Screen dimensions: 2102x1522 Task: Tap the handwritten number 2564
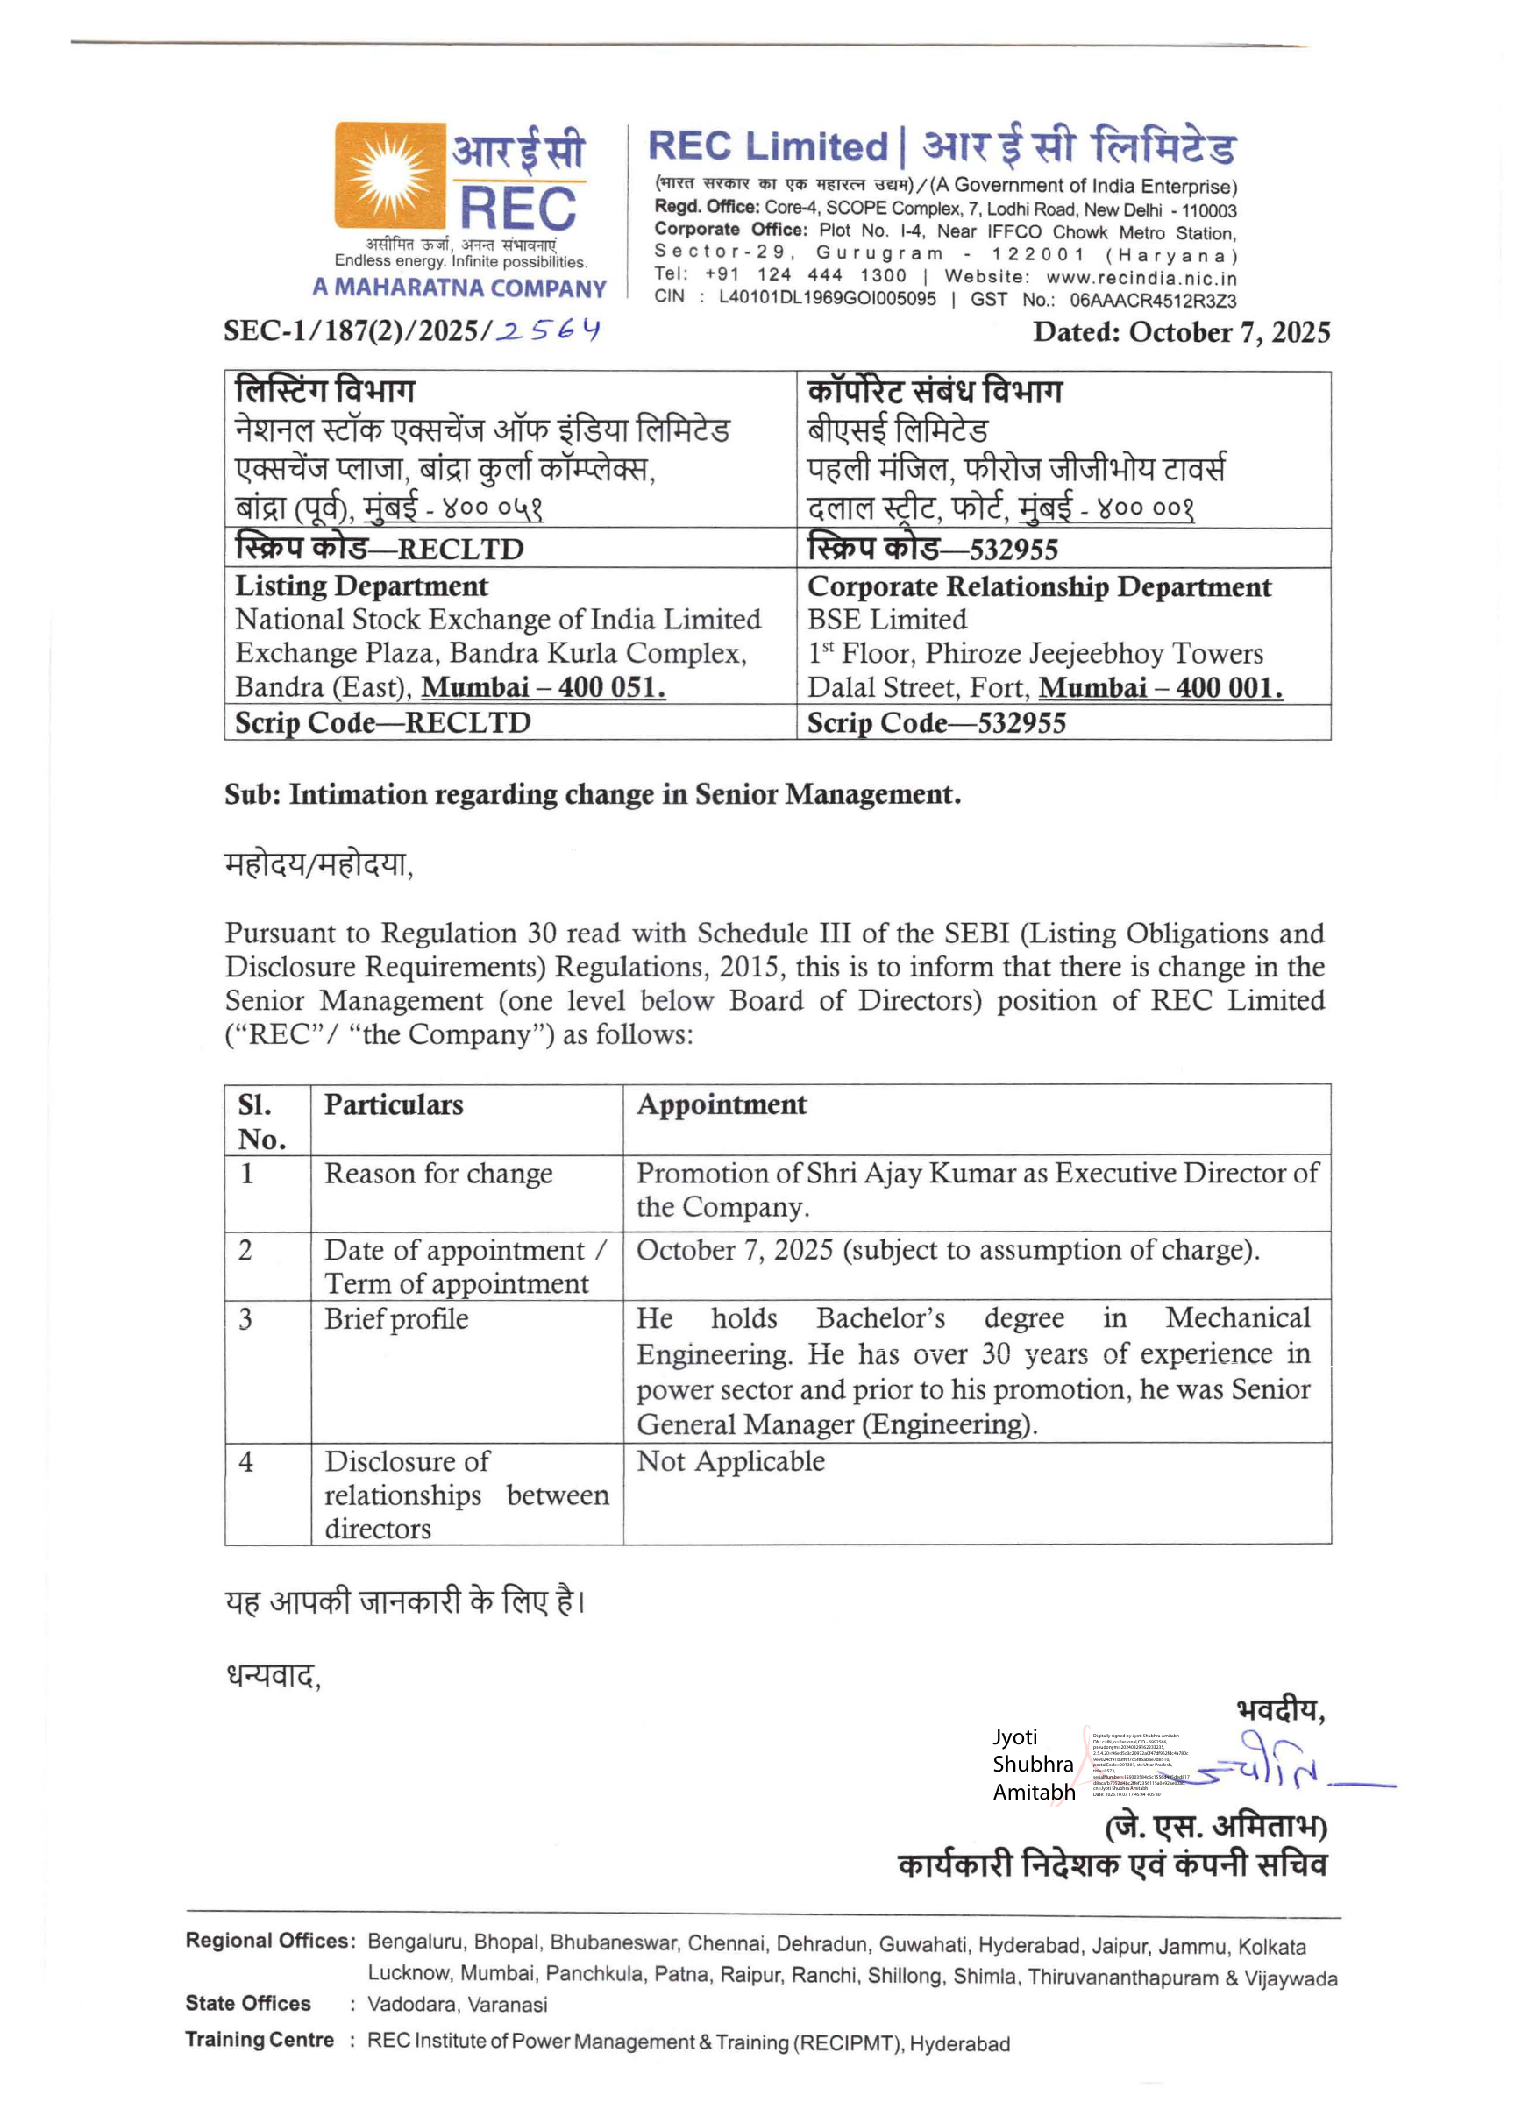pos(548,330)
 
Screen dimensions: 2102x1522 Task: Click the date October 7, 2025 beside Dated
pos(1229,333)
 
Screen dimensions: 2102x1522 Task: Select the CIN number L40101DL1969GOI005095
pos(827,298)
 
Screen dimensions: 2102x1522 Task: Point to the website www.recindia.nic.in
pos(1141,276)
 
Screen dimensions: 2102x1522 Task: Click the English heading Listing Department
pos(361,586)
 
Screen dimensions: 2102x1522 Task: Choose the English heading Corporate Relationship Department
pos(1039,587)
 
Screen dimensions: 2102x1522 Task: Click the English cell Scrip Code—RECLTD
pos(383,723)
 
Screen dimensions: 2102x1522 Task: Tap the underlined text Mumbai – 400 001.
pos(1161,688)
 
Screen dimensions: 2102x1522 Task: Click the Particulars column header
pos(393,1104)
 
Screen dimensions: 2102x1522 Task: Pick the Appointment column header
pos(722,1104)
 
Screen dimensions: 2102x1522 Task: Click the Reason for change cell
pos(437,1175)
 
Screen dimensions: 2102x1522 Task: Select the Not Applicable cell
pos(730,1461)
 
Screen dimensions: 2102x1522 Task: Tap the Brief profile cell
pos(395,1319)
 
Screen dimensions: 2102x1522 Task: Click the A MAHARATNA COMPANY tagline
pos(459,288)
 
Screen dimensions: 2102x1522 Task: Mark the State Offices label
pos(247,2004)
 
